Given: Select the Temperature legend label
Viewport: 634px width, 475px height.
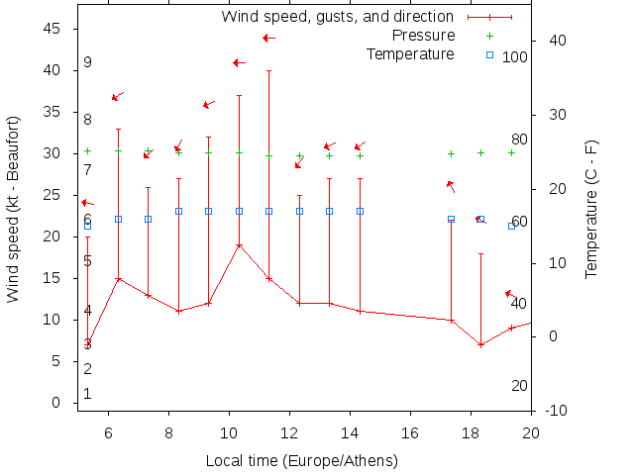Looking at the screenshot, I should click(x=410, y=53).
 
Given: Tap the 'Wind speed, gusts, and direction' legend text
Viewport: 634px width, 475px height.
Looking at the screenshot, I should click(x=337, y=17).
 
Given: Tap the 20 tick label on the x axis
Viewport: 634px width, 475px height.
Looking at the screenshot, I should click(x=531, y=431).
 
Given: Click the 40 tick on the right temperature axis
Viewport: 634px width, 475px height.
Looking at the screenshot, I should click(x=552, y=41).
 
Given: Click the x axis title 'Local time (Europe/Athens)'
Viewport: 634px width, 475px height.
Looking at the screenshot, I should click(x=301, y=461).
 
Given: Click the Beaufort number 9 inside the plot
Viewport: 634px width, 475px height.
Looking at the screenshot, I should click(x=87, y=62).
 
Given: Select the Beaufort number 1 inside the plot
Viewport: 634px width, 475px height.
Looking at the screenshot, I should click(x=87, y=394).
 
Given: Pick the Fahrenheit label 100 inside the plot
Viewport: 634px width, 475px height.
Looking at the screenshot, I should click(x=515, y=57).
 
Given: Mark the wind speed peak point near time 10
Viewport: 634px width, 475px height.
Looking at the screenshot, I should click(x=239, y=245).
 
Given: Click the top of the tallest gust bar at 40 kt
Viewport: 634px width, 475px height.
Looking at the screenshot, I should click(x=268, y=71).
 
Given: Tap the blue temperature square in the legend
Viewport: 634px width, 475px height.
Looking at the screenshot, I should click(x=489, y=53).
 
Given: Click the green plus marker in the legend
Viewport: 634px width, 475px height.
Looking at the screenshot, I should click(x=489, y=36).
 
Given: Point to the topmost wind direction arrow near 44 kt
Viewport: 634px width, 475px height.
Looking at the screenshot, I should click(x=268, y=38).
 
